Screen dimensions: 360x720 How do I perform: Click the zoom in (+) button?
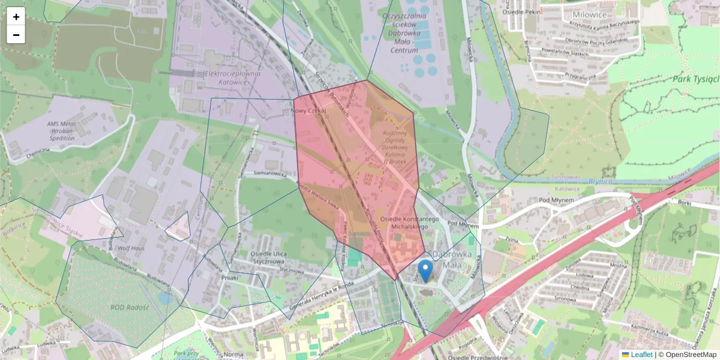click(x=16, y=17)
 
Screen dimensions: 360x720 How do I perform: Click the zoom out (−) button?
click(x=16, y=35)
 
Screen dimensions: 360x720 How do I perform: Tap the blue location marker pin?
click(x=425, y=271)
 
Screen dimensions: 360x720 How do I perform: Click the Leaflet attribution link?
click(x=641, y=355)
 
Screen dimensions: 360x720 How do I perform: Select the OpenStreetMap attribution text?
click(x=691, y=355)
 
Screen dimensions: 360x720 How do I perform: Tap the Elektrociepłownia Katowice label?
click(x=233, y=77)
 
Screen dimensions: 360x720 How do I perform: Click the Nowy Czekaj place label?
click(x=308, y=112)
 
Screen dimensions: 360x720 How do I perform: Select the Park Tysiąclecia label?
click(x=695, y=79)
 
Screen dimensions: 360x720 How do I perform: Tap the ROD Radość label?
click(x=130, y=307)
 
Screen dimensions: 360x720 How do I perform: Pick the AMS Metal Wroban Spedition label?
click(x=69, y=130)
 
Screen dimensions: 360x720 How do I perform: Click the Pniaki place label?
click(x=229, y=277)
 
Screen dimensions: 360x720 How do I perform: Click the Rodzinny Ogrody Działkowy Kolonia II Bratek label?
click(x=395, y=147)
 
